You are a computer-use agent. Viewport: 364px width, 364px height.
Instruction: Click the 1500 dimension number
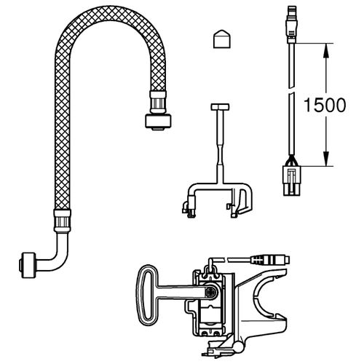click(325, 105)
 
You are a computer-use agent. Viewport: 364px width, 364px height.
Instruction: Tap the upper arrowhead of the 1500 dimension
click(326, 51)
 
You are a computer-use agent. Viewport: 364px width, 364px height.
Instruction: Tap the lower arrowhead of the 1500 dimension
click(326, 159)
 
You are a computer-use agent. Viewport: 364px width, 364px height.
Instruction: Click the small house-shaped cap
click(222, 39)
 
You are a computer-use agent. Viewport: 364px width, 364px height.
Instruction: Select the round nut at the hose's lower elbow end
click(28, 265)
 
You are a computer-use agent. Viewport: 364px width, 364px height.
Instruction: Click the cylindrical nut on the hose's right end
click(158, 122)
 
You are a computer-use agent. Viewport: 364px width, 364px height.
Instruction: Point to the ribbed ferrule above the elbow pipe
click(62, 221)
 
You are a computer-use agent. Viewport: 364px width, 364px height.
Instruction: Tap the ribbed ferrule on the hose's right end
click(158, 102)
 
